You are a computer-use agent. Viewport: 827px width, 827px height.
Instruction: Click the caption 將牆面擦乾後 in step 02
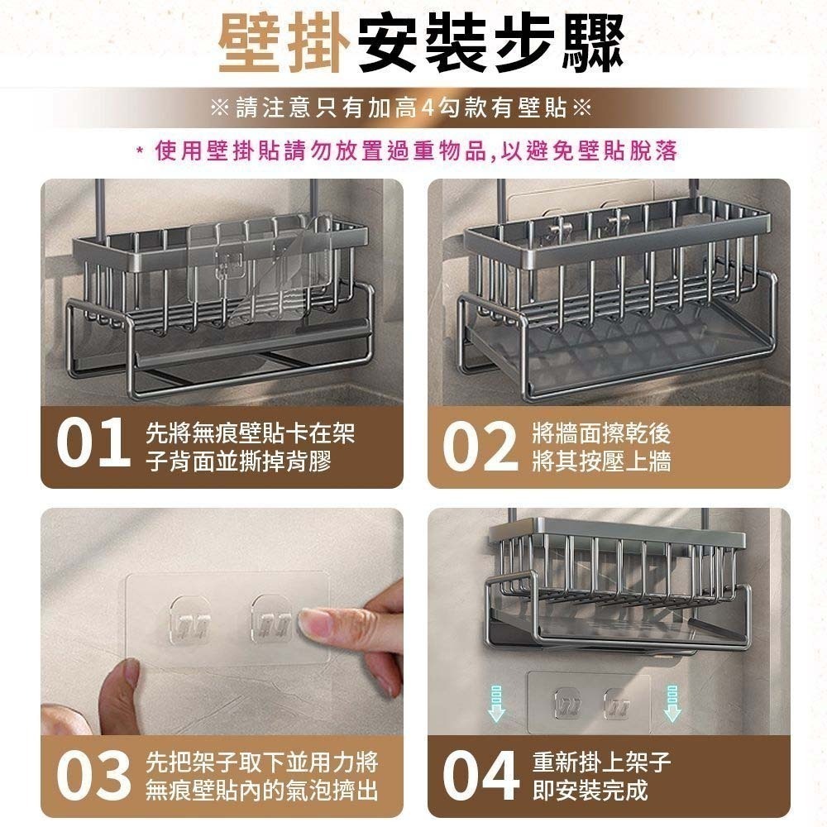pyautogui.click(x=601, y=432)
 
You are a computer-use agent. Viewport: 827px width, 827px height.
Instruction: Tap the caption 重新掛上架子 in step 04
pyautogui.click(x=601, y=761)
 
